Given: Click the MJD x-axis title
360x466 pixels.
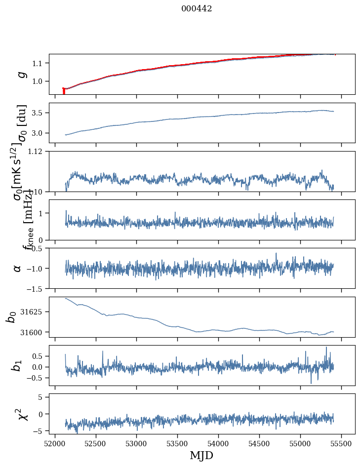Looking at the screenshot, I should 201,455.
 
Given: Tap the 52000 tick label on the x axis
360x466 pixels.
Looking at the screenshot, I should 55,443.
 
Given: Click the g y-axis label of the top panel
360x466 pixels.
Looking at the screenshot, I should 21,74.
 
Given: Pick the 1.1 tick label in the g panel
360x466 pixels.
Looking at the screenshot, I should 40,63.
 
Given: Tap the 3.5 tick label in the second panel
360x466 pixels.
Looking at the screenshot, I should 40,113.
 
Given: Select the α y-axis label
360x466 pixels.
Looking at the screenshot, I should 18,268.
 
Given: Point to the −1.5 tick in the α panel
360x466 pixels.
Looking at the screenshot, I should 36,288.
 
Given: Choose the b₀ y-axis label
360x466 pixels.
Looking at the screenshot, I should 11,317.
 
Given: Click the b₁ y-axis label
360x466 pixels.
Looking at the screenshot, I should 16,365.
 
